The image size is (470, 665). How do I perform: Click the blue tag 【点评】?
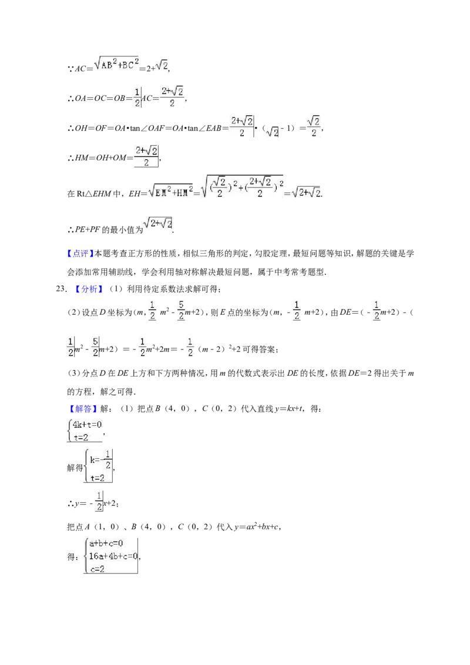coord(79,254)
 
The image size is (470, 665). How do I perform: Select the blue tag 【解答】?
coord(79,409)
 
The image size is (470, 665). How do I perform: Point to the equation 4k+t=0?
coord(87,425)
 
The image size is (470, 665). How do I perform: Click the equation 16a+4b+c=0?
coord(113,556)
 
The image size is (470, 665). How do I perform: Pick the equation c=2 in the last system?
coord(97,569)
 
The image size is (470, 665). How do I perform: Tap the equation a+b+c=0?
coord(106,543)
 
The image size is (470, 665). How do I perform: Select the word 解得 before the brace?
coord(75,468)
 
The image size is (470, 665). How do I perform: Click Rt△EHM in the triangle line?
coord(94,194)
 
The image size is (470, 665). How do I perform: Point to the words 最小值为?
coord(127,230)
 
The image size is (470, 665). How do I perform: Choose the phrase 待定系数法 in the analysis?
coord(163,289)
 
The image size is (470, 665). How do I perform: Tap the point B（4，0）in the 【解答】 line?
coord(172,409)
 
